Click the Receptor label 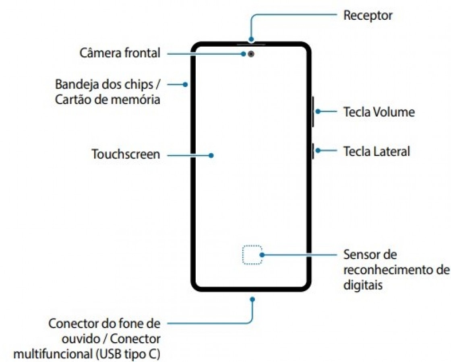point(367,16)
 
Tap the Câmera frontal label point(120,53)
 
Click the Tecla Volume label point(379,112)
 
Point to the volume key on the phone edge point(312,111)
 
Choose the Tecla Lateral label point(376,151)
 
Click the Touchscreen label point(126,154)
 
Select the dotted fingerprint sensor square point(252,255)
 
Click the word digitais point(362,285)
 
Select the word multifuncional point(52,354)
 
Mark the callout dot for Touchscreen point(211,155)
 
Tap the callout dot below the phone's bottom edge point(252,299)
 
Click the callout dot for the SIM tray point(185,84)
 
